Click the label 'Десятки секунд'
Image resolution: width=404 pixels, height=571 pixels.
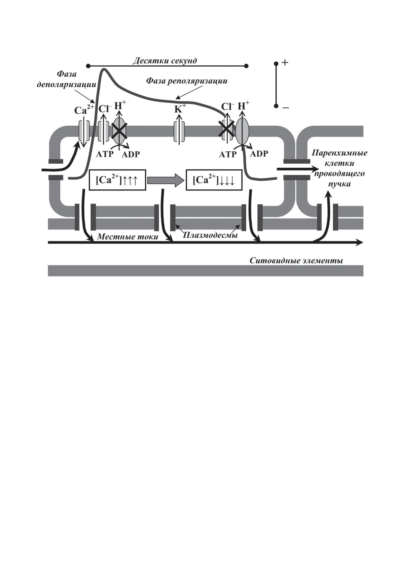point(165,61)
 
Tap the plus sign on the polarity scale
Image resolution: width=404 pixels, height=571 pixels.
point(285,63)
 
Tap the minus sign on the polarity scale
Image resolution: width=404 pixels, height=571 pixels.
point(285,107)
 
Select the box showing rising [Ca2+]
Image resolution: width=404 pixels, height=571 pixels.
point(117,180)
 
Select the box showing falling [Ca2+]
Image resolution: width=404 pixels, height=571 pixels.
point(214,180)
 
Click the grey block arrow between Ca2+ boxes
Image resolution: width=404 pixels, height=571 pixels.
point(166,180)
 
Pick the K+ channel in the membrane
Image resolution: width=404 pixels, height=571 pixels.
point(179,132)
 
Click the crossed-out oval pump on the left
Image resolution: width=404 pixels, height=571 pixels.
point(119,131)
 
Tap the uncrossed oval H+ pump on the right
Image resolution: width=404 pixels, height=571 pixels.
point(242,131)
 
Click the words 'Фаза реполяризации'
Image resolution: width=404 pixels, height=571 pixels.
point(186,81)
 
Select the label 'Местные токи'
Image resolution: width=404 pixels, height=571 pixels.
point(127,237)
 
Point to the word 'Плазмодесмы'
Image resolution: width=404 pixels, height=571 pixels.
point(210,235)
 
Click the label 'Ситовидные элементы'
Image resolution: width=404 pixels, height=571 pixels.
point(296,261)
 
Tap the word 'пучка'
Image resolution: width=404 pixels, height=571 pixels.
point(339,184)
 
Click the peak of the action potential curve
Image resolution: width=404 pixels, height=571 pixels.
point(104,69)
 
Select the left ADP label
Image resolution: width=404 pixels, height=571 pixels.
point(131,154)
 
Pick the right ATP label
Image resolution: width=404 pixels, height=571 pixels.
point(227,154)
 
